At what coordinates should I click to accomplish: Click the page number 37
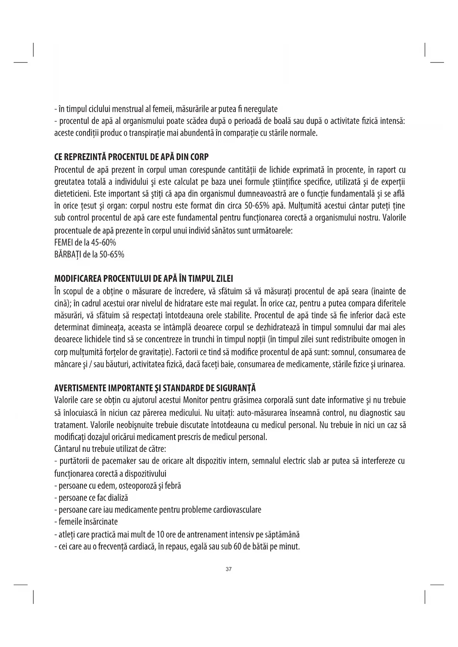click(x=228, y=569)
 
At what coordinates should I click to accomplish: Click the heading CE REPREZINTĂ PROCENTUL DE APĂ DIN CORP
click(x=131, y=157)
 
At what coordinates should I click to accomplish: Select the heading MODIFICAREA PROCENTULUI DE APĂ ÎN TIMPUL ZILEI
click(x=144, y=278)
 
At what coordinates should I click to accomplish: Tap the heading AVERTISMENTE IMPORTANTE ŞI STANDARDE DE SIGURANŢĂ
click(x=155, y=388)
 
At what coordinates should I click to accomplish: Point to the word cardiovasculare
click(x=237, y=510)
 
